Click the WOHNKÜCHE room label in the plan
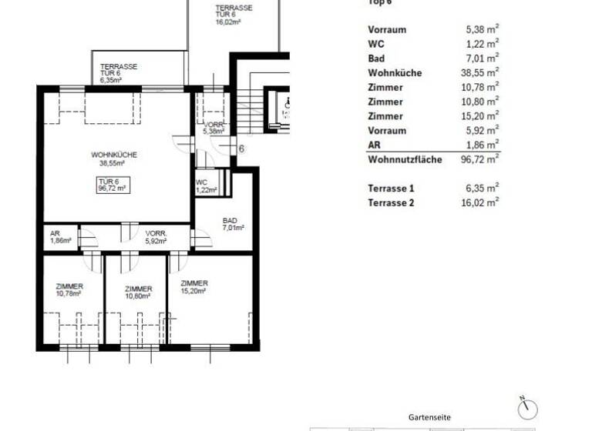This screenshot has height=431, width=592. click(113, 159)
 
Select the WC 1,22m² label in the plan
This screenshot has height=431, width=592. click(207, 185)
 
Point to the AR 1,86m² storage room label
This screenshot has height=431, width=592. click(60, 237)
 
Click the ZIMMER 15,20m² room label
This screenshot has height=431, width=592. click(192, 287)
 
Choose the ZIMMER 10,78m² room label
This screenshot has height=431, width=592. click(69, 289)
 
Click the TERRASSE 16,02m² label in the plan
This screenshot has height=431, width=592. click(233, 15)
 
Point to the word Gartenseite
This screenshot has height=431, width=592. click(429, 417)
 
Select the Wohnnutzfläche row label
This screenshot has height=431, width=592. click(405, 159)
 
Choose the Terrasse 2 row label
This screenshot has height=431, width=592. click(391, 202)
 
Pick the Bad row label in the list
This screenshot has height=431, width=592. click(376, 58)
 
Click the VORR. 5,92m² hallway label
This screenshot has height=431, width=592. click(156, 237)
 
